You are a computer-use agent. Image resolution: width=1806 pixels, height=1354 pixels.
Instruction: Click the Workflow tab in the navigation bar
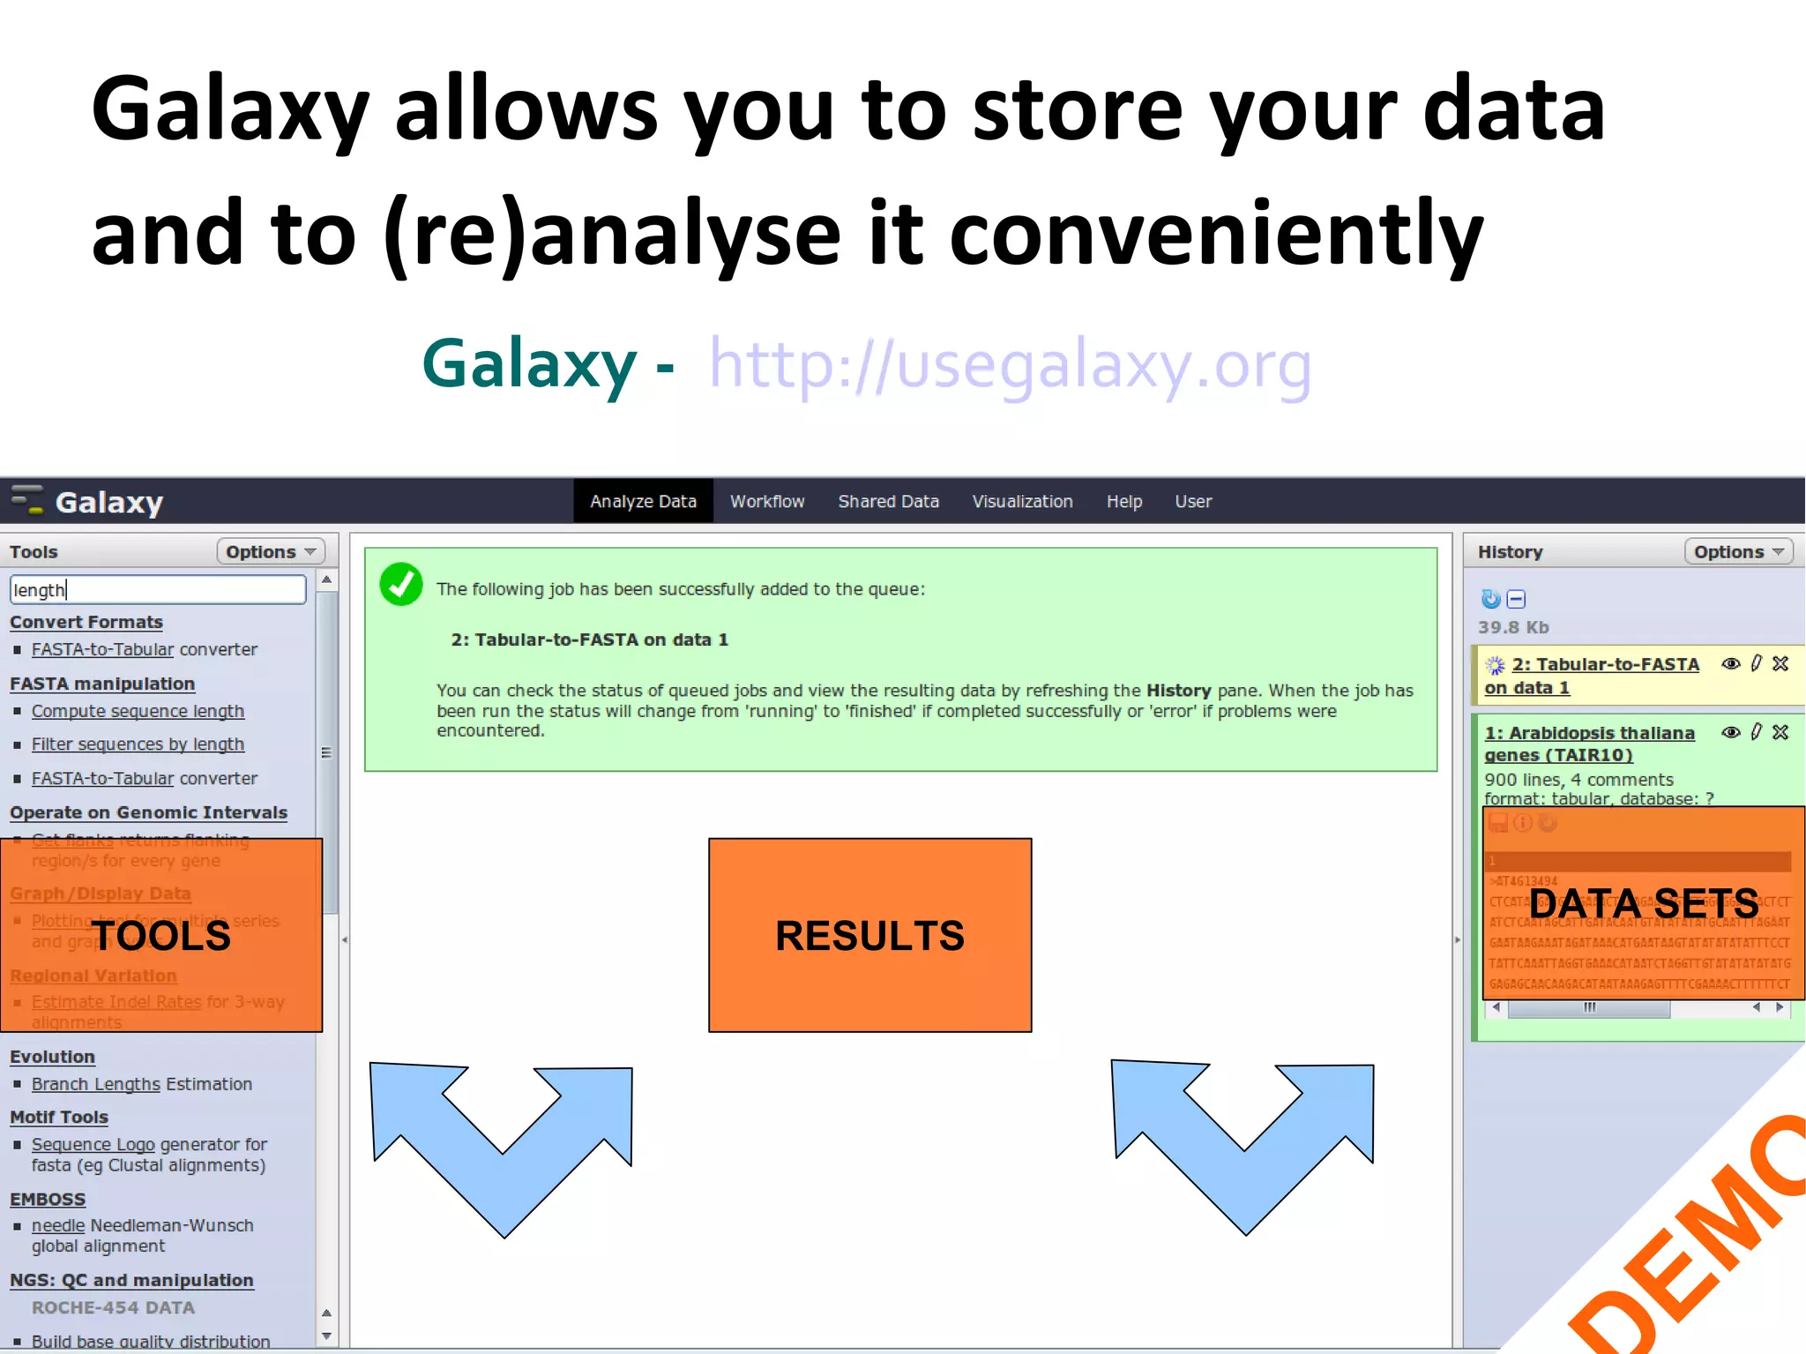point(766,502)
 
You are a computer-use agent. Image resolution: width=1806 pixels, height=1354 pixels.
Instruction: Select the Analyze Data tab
point(643,502)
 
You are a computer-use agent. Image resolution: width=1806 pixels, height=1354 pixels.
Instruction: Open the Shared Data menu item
point(888,502)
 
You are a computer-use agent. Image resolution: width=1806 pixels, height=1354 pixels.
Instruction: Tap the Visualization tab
point(1022,502)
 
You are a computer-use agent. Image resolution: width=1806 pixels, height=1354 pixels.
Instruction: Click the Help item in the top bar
point(1123,502)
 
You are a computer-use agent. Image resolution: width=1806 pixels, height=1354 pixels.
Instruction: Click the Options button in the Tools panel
point(270,552)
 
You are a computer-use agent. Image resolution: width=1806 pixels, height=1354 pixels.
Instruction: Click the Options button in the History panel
point(1737,552)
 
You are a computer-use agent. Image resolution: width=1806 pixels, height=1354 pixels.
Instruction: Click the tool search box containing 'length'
point(157,590)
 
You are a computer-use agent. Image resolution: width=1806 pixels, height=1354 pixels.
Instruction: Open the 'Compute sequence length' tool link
point(138,712)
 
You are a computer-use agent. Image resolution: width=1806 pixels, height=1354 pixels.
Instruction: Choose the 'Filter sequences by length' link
point(138,744)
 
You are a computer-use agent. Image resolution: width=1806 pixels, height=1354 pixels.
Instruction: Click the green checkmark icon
point(401,585)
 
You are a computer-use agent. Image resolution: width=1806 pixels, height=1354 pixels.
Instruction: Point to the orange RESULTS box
point(869,935)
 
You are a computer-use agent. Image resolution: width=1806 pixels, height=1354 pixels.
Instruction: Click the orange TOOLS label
point(161,936)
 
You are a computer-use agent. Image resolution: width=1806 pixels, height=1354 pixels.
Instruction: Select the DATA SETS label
point(1643,903)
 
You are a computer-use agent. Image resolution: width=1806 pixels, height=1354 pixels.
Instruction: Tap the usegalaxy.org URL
point(1010,364)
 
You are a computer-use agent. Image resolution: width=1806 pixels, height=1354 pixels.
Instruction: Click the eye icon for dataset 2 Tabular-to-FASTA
point(1731,664)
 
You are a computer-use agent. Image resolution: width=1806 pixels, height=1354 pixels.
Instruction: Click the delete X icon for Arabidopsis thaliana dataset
point(1780,732)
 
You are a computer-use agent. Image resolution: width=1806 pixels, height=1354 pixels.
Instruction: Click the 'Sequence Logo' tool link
point(93,1145)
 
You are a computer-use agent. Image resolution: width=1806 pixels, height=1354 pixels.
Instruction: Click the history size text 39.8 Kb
point(1513,628)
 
